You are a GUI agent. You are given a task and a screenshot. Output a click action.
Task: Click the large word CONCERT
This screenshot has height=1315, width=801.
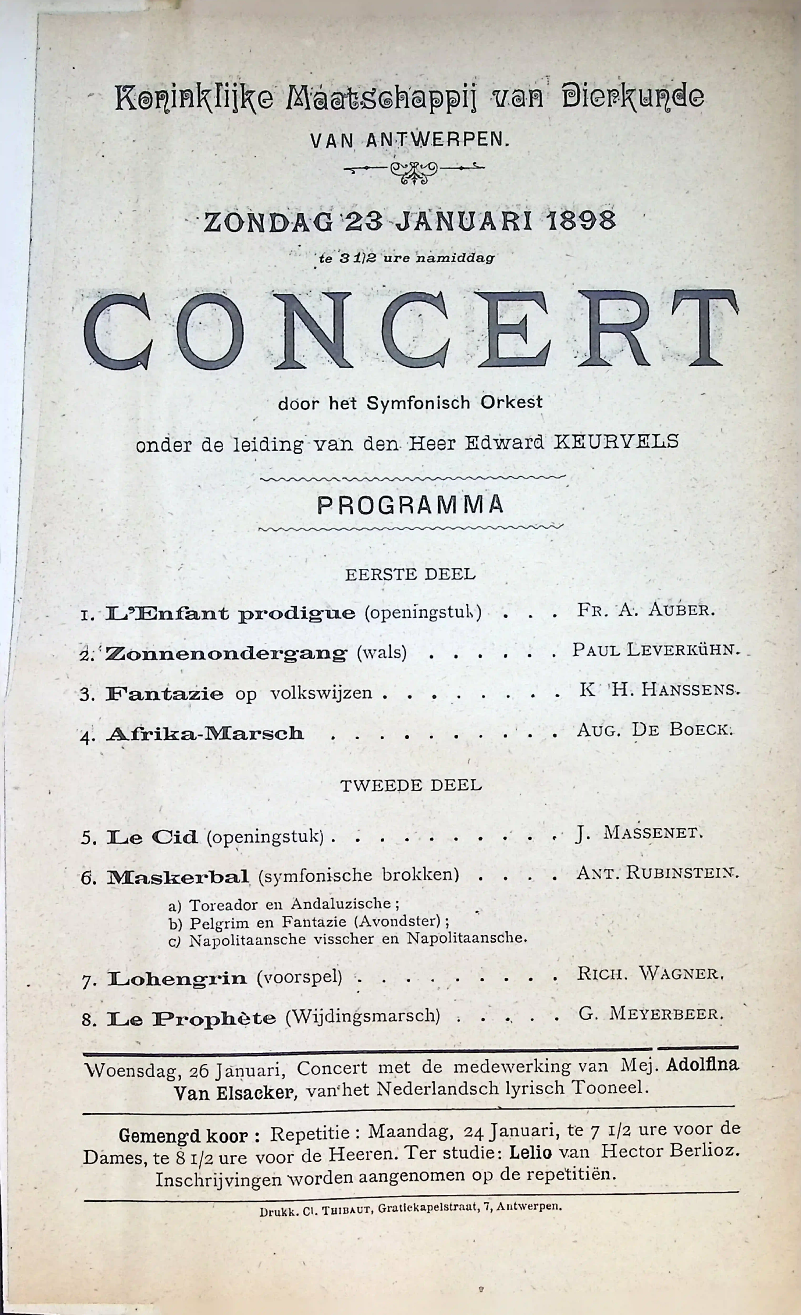click(411, 329)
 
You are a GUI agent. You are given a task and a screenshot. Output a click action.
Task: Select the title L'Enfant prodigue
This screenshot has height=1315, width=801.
click(230, 613)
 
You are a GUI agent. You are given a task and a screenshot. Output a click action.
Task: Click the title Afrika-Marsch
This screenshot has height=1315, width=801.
click(205, 734)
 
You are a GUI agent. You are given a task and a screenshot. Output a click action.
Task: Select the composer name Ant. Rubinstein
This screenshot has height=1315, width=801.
click(657, 873)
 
